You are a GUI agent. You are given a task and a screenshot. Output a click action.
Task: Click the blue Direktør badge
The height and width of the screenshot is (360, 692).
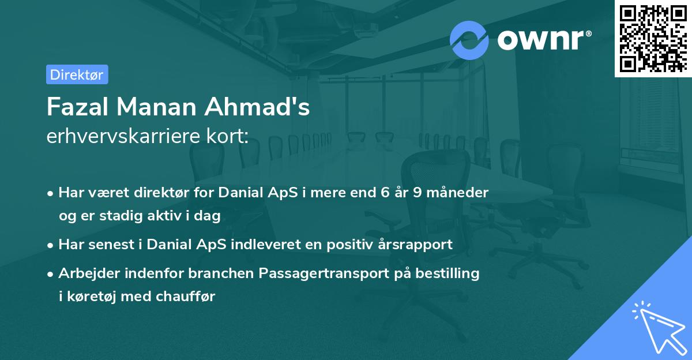(77, 74)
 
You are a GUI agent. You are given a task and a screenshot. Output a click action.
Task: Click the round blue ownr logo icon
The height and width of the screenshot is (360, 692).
(469, 40)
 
